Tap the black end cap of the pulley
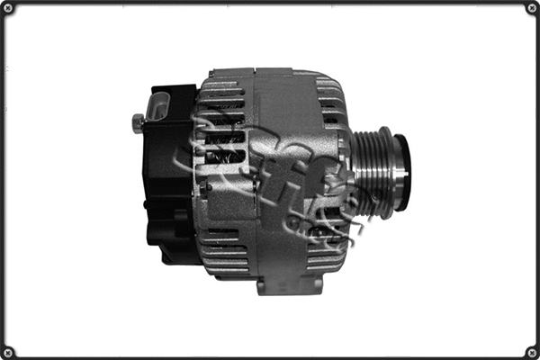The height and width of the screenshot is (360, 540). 402,172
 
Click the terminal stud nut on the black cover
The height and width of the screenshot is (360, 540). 138,121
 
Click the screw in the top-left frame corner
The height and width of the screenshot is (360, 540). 8,8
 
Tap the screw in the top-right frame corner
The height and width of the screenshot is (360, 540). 531,8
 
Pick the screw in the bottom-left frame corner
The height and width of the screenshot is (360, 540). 8,351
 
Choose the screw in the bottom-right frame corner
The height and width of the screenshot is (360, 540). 531,351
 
